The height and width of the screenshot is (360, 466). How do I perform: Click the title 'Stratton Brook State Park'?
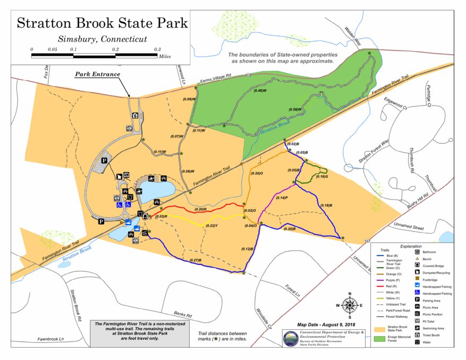[101, 23]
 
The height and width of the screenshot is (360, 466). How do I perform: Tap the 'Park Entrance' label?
[97, 74]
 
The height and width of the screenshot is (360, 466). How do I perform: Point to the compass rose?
[350, 305]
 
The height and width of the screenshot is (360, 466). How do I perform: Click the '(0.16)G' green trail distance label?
[321, 176]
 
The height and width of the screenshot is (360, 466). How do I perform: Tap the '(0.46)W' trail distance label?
[260, 90]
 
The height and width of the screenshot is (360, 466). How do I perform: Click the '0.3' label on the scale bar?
[157, 49]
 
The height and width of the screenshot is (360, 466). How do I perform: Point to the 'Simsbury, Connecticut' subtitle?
[101, 39]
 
